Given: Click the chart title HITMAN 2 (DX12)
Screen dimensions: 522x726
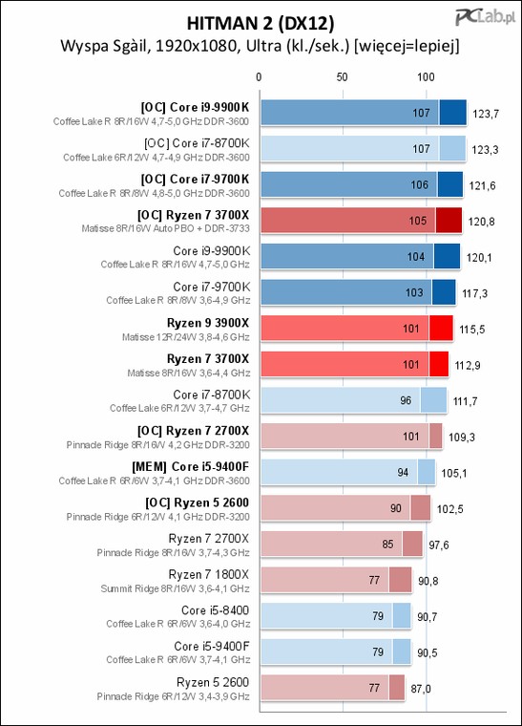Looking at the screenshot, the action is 261,23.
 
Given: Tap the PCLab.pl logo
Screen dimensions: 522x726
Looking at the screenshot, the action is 485,17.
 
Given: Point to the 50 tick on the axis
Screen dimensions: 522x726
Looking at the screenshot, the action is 342,76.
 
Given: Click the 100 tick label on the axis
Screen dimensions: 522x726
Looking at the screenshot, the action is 426,76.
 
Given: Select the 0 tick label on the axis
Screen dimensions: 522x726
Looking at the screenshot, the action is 259,76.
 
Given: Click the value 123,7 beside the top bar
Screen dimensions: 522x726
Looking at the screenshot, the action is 486,114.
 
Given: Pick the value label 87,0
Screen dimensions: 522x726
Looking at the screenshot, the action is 421,689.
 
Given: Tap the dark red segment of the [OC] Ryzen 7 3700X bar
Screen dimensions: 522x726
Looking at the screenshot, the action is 449,220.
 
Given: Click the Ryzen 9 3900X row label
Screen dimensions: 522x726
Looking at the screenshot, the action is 208,323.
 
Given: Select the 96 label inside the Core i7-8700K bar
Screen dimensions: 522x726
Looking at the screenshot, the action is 406,400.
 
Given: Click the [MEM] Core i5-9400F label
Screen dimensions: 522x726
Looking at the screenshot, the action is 191,466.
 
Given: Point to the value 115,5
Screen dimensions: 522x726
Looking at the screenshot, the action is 472,330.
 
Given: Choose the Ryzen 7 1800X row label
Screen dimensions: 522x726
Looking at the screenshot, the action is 209,575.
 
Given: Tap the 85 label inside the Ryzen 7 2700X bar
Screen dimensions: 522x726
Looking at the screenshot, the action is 387,544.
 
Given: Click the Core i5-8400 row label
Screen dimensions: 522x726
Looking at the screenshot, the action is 215,610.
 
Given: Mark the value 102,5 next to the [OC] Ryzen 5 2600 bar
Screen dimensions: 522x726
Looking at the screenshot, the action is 449,509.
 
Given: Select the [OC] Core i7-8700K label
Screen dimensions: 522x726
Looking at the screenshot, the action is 197,143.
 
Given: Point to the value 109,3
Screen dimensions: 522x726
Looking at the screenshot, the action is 462,438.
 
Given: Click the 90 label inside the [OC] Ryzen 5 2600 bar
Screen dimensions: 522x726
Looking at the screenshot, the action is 396,508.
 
